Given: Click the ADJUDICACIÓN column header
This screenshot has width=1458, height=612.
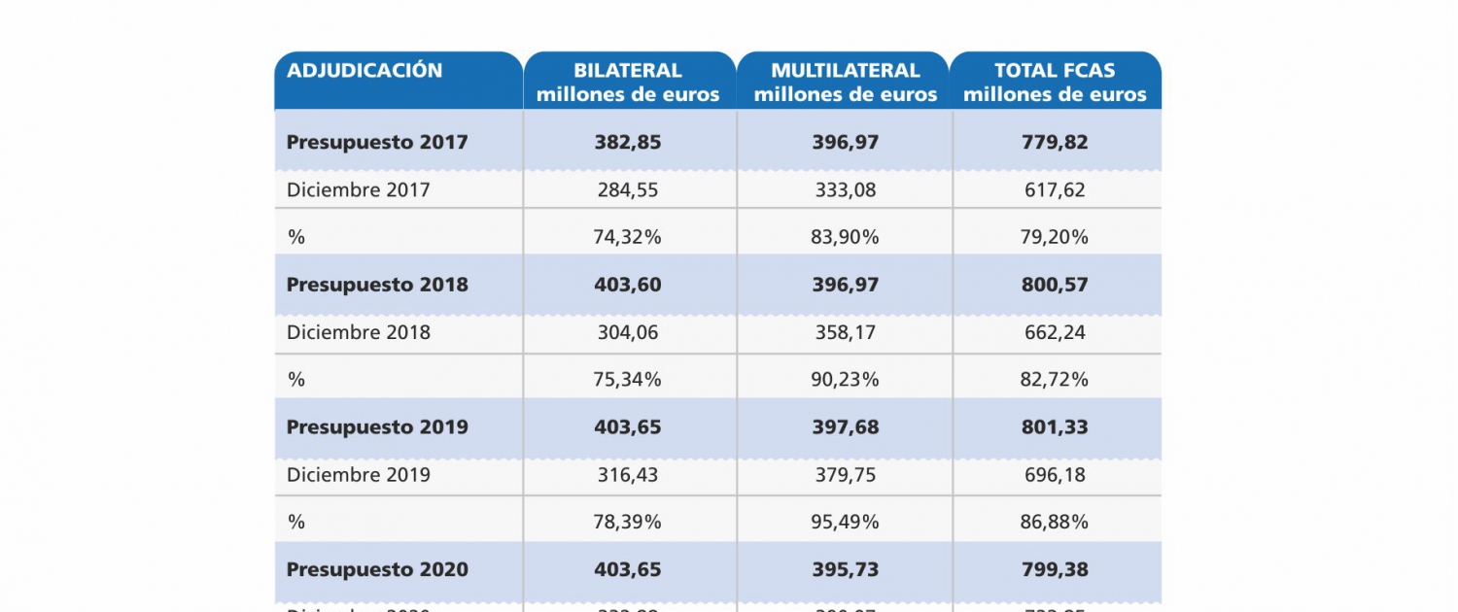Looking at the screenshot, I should [364, 71].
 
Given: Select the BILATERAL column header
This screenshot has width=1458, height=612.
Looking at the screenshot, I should [628, 83].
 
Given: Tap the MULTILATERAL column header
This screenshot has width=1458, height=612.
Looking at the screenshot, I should [845, 83].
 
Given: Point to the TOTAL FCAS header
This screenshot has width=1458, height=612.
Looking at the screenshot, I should [1055, 83].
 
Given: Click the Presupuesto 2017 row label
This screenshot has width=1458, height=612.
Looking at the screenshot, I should [377, 142].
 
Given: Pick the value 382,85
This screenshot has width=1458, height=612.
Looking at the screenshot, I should [628, 142].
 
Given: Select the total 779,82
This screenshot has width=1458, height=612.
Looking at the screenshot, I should [1055, 142].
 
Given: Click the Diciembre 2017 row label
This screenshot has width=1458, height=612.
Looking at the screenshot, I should [358, 190].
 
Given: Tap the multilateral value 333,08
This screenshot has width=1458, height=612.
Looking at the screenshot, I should [845, 190].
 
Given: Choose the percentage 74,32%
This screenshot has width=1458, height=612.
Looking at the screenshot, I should [628, 237].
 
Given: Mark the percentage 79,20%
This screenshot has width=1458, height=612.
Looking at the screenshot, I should [1055, 237].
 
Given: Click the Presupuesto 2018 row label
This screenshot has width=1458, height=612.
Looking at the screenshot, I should [377, 285].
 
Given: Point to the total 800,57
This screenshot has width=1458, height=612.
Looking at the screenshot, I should [1055, 285].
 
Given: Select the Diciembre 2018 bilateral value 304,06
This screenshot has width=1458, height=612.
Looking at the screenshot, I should [628, 332].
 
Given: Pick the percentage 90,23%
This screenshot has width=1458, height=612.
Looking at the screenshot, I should [845, 380].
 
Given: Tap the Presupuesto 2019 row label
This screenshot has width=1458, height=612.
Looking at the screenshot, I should [377, 427].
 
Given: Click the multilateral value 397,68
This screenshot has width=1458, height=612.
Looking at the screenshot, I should [845, 427].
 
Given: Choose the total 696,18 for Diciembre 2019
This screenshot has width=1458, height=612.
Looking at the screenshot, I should [1055, 475].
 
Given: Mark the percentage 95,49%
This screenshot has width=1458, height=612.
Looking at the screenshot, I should [845, 522].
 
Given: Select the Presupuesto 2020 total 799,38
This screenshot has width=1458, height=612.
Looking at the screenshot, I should [1055, 569].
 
